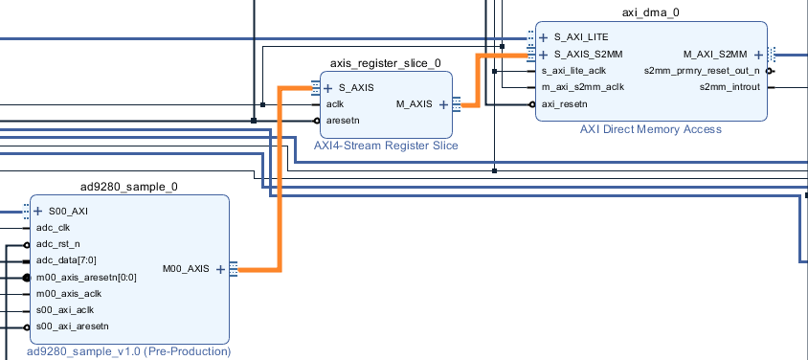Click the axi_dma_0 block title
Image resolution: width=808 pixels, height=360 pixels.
click(650, 12)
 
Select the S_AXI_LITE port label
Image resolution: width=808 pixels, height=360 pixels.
click(581, 37)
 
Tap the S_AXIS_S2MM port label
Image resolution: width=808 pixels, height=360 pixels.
click(589, 54)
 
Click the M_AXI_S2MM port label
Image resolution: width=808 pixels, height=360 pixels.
click(715, 54)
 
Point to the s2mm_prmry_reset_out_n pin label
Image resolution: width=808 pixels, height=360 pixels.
click(702, 71)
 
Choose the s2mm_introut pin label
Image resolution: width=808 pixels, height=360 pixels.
click(729, 87)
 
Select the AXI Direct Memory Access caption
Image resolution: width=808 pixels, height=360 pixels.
click(651, 129)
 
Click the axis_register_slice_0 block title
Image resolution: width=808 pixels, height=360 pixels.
click(386, 63)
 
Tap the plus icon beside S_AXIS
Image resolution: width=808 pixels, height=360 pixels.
click(327, 89)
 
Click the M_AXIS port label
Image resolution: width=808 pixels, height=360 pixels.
click(415, 104)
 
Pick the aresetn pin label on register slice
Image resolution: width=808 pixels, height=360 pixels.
click(343, 121)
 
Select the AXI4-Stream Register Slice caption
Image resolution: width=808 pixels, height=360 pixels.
click(386, 146)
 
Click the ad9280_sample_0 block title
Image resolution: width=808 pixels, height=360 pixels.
click(129, 187)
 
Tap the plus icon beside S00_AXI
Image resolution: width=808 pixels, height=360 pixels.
click(37, 212)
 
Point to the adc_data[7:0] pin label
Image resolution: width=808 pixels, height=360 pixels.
click(66, 260)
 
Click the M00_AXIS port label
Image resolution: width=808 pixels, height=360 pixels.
click(186, 268)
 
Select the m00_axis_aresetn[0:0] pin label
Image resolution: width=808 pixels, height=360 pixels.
click(86, 278)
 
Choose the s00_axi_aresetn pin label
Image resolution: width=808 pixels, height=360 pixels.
click(73, 326)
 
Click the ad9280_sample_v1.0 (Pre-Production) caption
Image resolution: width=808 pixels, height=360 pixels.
click(129, 352)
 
